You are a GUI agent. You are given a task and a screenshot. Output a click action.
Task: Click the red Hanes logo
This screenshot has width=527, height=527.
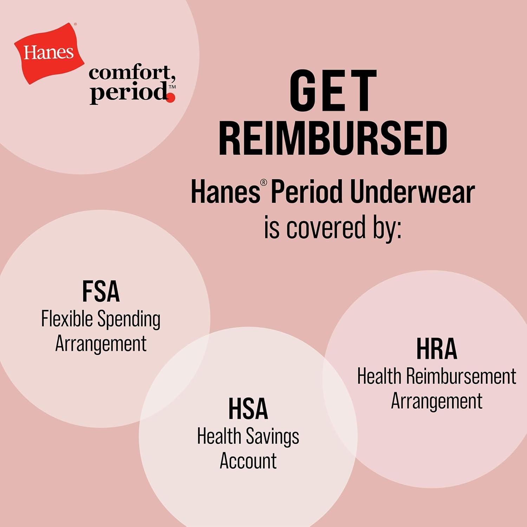point(49,53)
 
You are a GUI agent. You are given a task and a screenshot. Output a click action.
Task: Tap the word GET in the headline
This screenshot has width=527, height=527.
point(332,91)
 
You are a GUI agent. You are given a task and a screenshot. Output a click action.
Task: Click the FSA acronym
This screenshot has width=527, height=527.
point(101,292)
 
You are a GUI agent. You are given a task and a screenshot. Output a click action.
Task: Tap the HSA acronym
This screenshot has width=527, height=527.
point(248,409)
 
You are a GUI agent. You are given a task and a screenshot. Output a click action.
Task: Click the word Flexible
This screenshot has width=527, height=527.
point(67,319)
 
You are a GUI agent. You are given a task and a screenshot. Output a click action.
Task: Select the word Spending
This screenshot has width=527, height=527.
point(129,320)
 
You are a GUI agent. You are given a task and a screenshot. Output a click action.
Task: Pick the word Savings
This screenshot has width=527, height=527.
point(272,437)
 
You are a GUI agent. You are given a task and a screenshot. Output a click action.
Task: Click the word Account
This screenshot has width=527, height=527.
point(248,461)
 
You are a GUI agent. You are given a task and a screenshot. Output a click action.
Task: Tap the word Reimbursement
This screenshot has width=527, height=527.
point(461,376)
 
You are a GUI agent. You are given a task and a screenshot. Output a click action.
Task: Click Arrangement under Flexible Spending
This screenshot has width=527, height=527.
point(101,344)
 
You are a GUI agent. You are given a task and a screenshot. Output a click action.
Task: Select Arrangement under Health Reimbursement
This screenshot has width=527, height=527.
point(437,402)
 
